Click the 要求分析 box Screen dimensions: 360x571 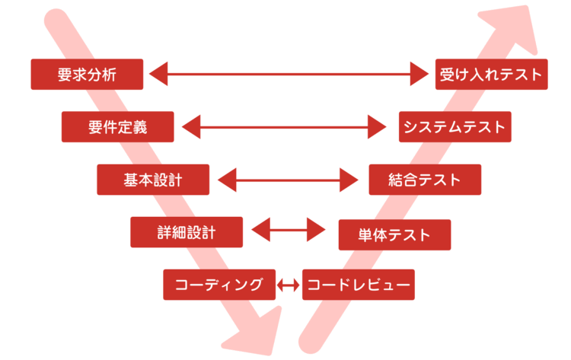click(87, 74)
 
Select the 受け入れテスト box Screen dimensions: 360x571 click(491, 74)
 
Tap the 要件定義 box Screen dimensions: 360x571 click(117, 126)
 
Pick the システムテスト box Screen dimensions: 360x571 click(455, 126)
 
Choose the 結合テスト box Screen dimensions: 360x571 click(424, 180)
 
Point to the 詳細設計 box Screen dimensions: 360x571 click(186, 232)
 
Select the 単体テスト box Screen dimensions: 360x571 click(394, 234)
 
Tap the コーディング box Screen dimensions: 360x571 click(219, 285)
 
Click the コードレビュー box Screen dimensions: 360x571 click(358, 285)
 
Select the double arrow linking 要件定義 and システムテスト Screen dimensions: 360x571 click(285, 126)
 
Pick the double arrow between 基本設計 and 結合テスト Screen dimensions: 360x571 click(288, 180)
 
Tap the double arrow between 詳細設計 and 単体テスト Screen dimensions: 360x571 click(289, 229)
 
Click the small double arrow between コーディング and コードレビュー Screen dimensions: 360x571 click(289, 285)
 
